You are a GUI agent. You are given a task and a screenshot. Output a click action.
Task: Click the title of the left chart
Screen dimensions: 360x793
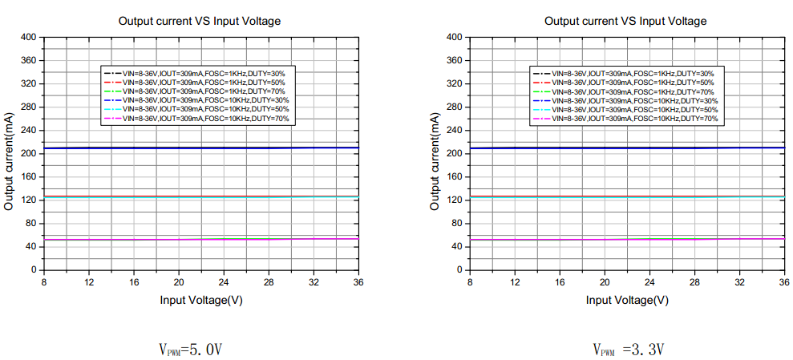pyautogui.click(x=200, y=21)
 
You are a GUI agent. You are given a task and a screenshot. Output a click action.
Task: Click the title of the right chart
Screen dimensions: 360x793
pyautogui.click(x=625, y=21)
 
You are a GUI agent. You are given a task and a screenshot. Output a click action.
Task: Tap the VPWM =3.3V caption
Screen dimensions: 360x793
pyautogui.click(x=628, y=350)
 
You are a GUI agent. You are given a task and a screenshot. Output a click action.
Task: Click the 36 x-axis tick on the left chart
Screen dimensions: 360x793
pyautogui.click(x=359, y=282)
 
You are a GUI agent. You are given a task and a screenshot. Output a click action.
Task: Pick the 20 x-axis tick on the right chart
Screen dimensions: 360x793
pyautogui.click(x=605, y=282)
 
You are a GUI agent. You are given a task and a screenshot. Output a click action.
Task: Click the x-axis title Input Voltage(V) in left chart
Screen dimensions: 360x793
pyautogui.click(x=201, y=300)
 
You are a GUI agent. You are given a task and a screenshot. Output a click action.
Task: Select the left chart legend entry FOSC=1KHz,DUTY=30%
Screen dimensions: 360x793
pyautogui.click(x=204, y=73)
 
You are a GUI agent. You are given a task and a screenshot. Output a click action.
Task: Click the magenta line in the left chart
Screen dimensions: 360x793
pyautogui.click(x=200, y=239)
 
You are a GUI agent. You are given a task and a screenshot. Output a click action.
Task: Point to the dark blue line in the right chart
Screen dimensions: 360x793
pyautogui.click(x=625, y=148)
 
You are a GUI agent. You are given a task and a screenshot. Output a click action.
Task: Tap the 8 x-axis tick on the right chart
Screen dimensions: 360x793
pyautogui.click(x=469, y=282)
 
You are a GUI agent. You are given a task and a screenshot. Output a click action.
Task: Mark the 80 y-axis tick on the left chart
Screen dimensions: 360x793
pyautogui.click(x=31, y=224)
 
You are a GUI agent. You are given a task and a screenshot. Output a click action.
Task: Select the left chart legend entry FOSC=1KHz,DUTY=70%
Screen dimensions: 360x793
pyautogui.click(x=204, y=91)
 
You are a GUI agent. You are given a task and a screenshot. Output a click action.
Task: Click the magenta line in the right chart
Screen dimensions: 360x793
pyautogui.click(x=625, y=239)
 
